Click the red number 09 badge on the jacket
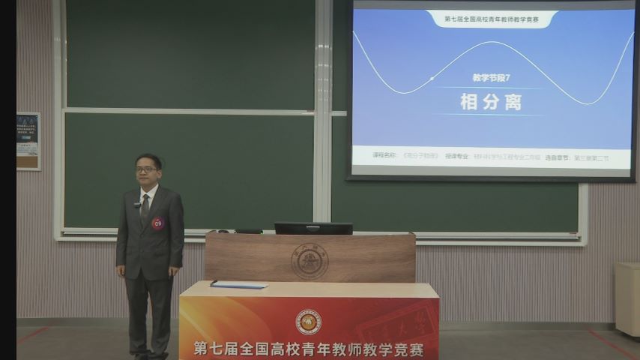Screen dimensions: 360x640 [x=157, y=223]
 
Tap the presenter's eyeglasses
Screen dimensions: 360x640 [x=147, y=169]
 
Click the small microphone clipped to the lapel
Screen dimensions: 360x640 [x=137, y=204]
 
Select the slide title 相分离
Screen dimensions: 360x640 [x=491, y=102]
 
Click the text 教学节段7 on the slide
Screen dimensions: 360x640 [x=491, y=78]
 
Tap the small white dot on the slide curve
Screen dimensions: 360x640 [x=432, y=78]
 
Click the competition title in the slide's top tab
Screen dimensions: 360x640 [x=492, y=19]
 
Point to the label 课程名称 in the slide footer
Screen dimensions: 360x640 [x=384, y=156]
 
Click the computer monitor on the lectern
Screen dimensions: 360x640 [x=313, y=228]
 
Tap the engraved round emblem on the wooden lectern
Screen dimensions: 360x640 [x=310, y=261]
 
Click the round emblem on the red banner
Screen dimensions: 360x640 [x=308, y=322]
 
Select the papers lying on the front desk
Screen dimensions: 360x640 [x=239, y=284]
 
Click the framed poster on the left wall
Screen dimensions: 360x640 [x=28, y=141]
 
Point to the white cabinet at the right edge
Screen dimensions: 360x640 [x=627, y=298]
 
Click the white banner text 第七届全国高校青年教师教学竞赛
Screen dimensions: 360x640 [x=308, y=349]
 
